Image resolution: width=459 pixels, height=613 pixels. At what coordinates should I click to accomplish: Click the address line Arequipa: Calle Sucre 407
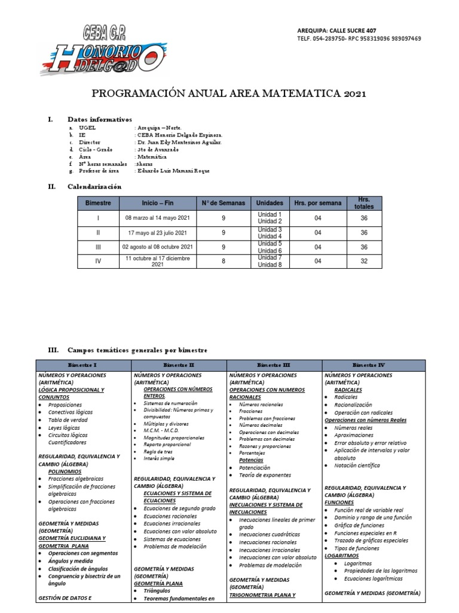336,31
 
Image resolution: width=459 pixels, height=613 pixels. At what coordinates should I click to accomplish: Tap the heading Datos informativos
100,120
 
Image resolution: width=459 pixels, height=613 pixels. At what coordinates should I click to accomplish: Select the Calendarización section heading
94,187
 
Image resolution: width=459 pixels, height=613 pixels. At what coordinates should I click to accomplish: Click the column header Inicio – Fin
158,204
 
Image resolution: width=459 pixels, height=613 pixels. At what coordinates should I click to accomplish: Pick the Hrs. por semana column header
318,204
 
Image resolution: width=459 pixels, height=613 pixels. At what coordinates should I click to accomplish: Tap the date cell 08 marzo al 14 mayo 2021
158,219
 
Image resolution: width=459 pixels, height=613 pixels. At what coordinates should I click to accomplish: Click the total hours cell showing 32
364,262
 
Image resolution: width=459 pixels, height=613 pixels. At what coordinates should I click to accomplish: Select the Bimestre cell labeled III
98,247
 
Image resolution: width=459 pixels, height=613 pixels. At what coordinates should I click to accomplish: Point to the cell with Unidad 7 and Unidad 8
269,262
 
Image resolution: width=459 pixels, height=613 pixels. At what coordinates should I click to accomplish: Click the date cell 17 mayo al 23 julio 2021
158,233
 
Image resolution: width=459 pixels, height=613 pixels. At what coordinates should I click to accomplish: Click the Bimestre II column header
178,365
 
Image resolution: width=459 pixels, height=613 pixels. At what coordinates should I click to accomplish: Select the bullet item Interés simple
159,458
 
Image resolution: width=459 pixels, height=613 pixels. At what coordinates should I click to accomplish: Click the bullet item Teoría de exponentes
265,475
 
